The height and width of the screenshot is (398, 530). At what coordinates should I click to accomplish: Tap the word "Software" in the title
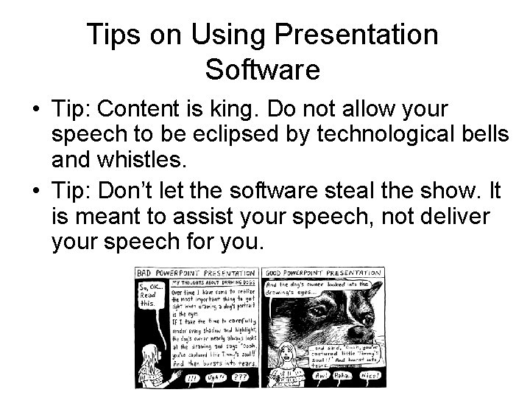(262, 70)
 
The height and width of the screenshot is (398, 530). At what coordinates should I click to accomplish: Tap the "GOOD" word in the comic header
(279, 272)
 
